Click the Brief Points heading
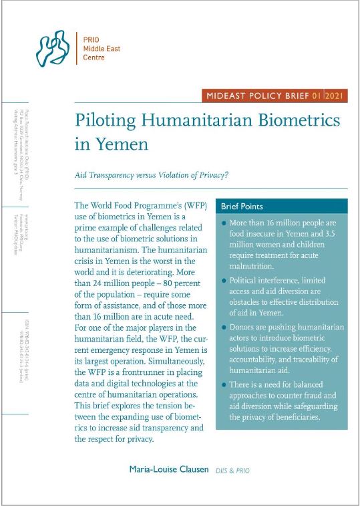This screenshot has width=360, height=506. [242, 207]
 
